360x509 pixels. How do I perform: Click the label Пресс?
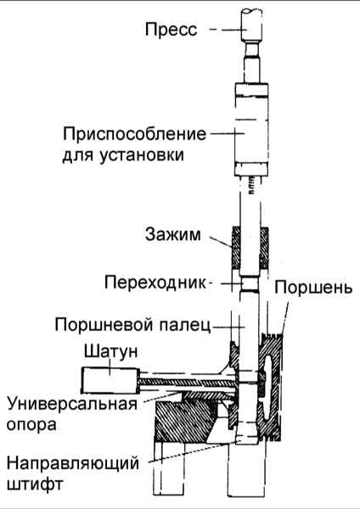[x=171, y=30]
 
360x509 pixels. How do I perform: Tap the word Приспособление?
[x=134, y=134]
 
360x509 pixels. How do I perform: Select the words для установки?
[x=123, y=155]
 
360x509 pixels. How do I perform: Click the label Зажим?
[x=173, y=234]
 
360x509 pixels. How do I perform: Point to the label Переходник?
[x=155, y=282]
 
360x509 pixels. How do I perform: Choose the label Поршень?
[x=313, y=288]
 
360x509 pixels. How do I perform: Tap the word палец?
[x=185, y=325]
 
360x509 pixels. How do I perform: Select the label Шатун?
[x=110, y=352]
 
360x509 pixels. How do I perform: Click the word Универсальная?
[x=72, y=405]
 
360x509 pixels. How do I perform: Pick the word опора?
[x=31, y=425]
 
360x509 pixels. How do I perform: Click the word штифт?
[x=35, y=484]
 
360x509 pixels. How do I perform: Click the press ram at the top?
[x=251, y=25]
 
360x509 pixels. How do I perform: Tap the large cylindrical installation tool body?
[x=251, y=130]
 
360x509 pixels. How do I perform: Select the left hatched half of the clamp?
[x=236, y=248]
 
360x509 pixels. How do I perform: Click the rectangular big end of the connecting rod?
[x=110, y=380]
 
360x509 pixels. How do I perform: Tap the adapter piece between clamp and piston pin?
[x=250, y=284]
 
